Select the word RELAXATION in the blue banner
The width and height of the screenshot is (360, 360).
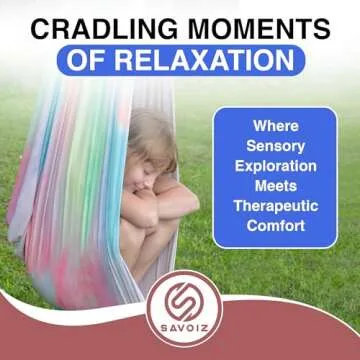point(214,61)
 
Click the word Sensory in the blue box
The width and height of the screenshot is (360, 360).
point(275,147)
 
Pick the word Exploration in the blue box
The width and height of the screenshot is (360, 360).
point(275,166)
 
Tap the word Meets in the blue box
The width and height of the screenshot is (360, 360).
point(275,185)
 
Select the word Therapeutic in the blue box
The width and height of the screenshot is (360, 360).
point(275,204)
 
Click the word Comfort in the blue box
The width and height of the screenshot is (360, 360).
point(275,223)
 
